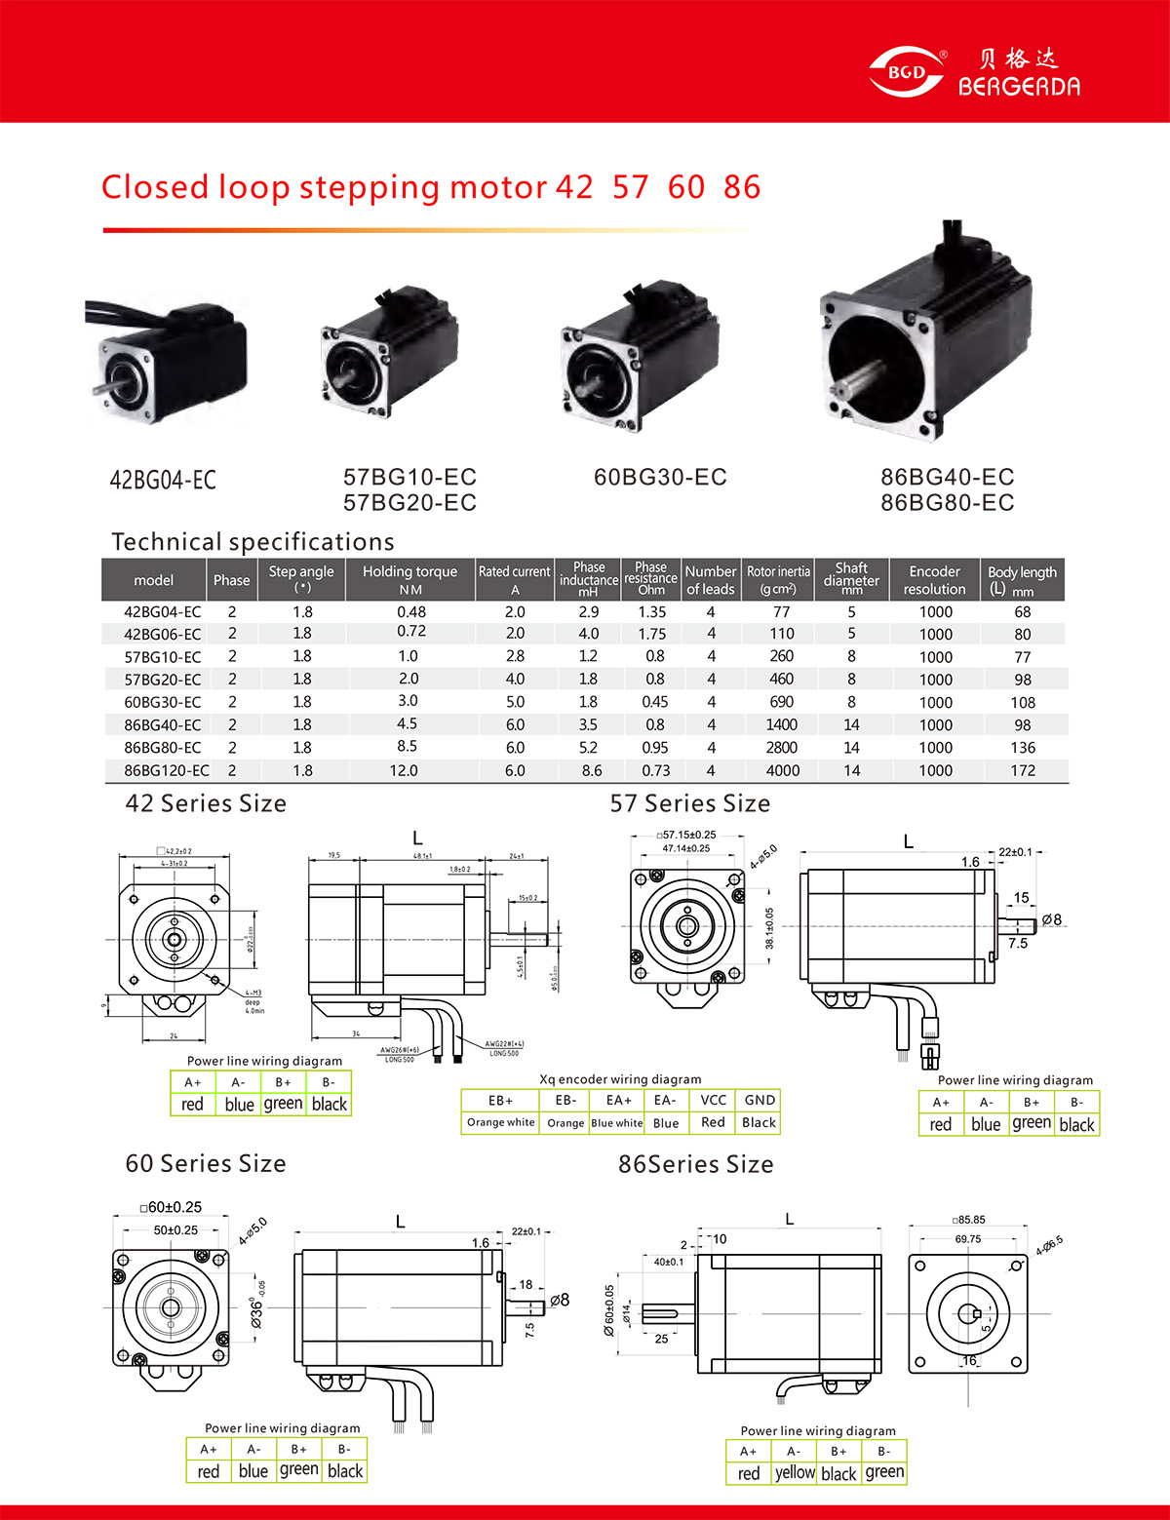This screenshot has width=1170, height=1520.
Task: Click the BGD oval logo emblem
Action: click(906, 72)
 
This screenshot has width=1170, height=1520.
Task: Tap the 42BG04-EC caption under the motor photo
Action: click(163, 480)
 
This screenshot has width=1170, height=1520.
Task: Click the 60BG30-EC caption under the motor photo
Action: click(660, 477)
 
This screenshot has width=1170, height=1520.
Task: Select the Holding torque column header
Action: click(409, 580)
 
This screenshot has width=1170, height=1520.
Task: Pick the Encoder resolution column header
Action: click(934, 580)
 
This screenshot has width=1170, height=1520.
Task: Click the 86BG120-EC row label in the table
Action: click(167, 770)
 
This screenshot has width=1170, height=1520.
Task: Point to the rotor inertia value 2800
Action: click(781, 748)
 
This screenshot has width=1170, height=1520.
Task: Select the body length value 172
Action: click(1023, 770)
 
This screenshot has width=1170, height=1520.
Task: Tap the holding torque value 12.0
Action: click(404, 770)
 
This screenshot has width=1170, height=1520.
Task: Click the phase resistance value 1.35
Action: click(652, 612)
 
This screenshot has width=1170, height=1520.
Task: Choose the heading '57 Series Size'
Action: click(689, 803)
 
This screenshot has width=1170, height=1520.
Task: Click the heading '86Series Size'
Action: click(695, 1164)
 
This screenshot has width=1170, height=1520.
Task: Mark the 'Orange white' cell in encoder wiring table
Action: click(500, 1122)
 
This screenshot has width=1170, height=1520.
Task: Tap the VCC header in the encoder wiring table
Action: click(713, 1100)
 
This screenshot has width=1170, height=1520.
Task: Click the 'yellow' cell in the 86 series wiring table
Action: click(795, 1472)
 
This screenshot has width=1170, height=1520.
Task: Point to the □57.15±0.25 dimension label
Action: click(687, 835)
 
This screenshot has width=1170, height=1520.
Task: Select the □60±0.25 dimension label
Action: click(171, 1207)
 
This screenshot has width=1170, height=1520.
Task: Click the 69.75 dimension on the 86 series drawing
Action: click(968, 1239)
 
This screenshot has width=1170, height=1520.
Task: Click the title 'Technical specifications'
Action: click(253, 542)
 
